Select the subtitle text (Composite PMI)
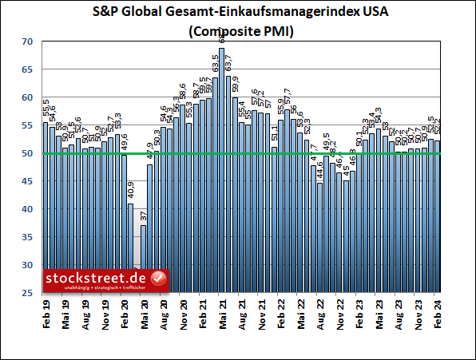coord(237,33)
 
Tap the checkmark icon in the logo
coord(158,279)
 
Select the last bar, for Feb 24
coord(438,216)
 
